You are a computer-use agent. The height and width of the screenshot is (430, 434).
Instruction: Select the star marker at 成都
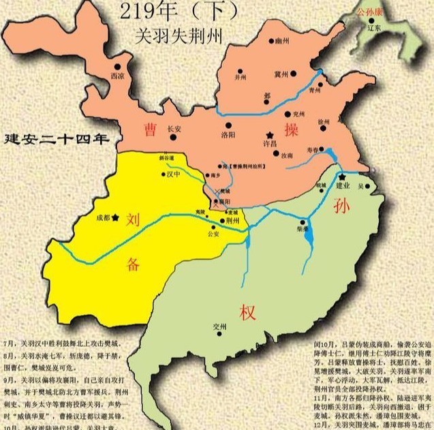117,217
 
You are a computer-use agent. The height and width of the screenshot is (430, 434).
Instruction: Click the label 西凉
117,76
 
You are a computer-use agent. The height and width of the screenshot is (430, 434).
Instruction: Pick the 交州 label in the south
219,325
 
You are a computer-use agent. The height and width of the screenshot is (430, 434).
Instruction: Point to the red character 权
247,313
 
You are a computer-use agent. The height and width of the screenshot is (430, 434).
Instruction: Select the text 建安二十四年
57,140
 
